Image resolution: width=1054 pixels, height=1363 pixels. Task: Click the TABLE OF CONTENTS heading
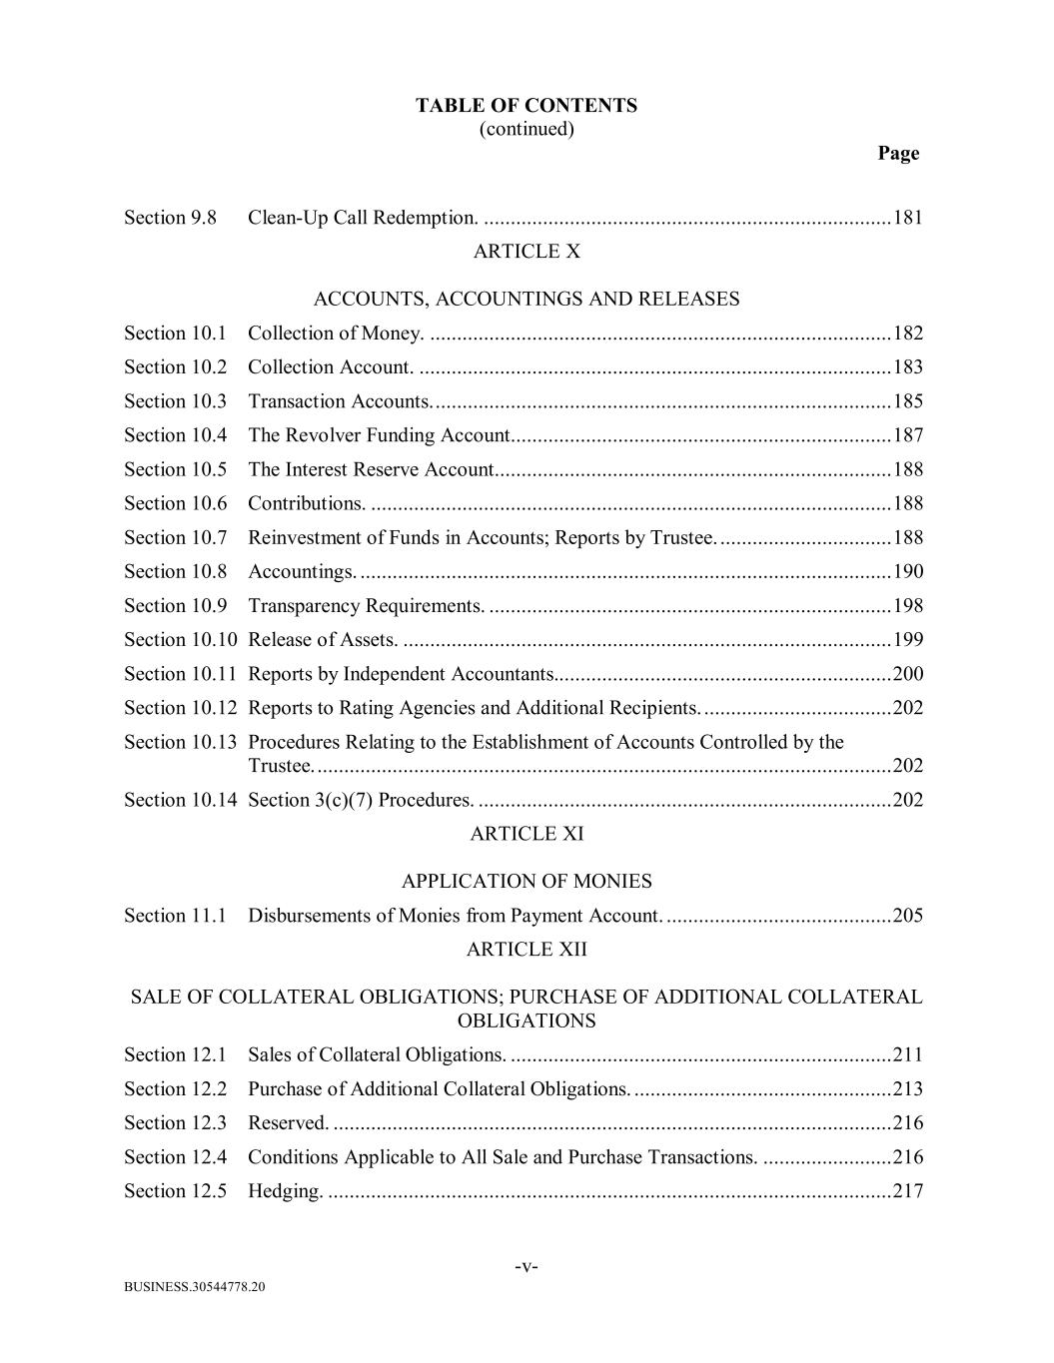[526, 106]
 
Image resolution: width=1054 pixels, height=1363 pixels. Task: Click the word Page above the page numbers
[898, 153]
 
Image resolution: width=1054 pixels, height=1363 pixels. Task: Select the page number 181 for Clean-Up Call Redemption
[907, 218]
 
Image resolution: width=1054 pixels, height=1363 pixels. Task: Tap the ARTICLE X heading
[526, 252]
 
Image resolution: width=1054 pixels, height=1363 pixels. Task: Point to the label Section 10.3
[175, 401]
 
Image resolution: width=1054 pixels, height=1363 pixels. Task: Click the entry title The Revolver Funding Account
[379, 435]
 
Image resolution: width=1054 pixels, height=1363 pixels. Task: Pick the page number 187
[907, 435]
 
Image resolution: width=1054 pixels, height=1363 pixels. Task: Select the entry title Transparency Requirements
[366, 606]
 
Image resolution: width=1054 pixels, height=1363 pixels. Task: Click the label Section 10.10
[180, 640]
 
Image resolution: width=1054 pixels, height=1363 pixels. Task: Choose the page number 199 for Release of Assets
[907, 640]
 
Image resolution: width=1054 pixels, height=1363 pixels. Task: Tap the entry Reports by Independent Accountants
[401, 674]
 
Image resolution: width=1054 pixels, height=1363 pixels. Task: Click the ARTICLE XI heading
[526, 834]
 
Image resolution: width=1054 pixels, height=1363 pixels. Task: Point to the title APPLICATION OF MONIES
[526, 882]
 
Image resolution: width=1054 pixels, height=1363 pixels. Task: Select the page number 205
[907, 916]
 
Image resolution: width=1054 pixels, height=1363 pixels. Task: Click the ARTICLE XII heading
[526, 950]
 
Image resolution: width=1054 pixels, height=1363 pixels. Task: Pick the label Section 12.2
[175, 1089]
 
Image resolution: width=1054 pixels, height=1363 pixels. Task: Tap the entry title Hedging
[285, 1191]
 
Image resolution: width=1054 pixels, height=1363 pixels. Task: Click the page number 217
[907, 1191]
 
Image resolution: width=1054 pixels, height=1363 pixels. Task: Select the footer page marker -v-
[526, 1267]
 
